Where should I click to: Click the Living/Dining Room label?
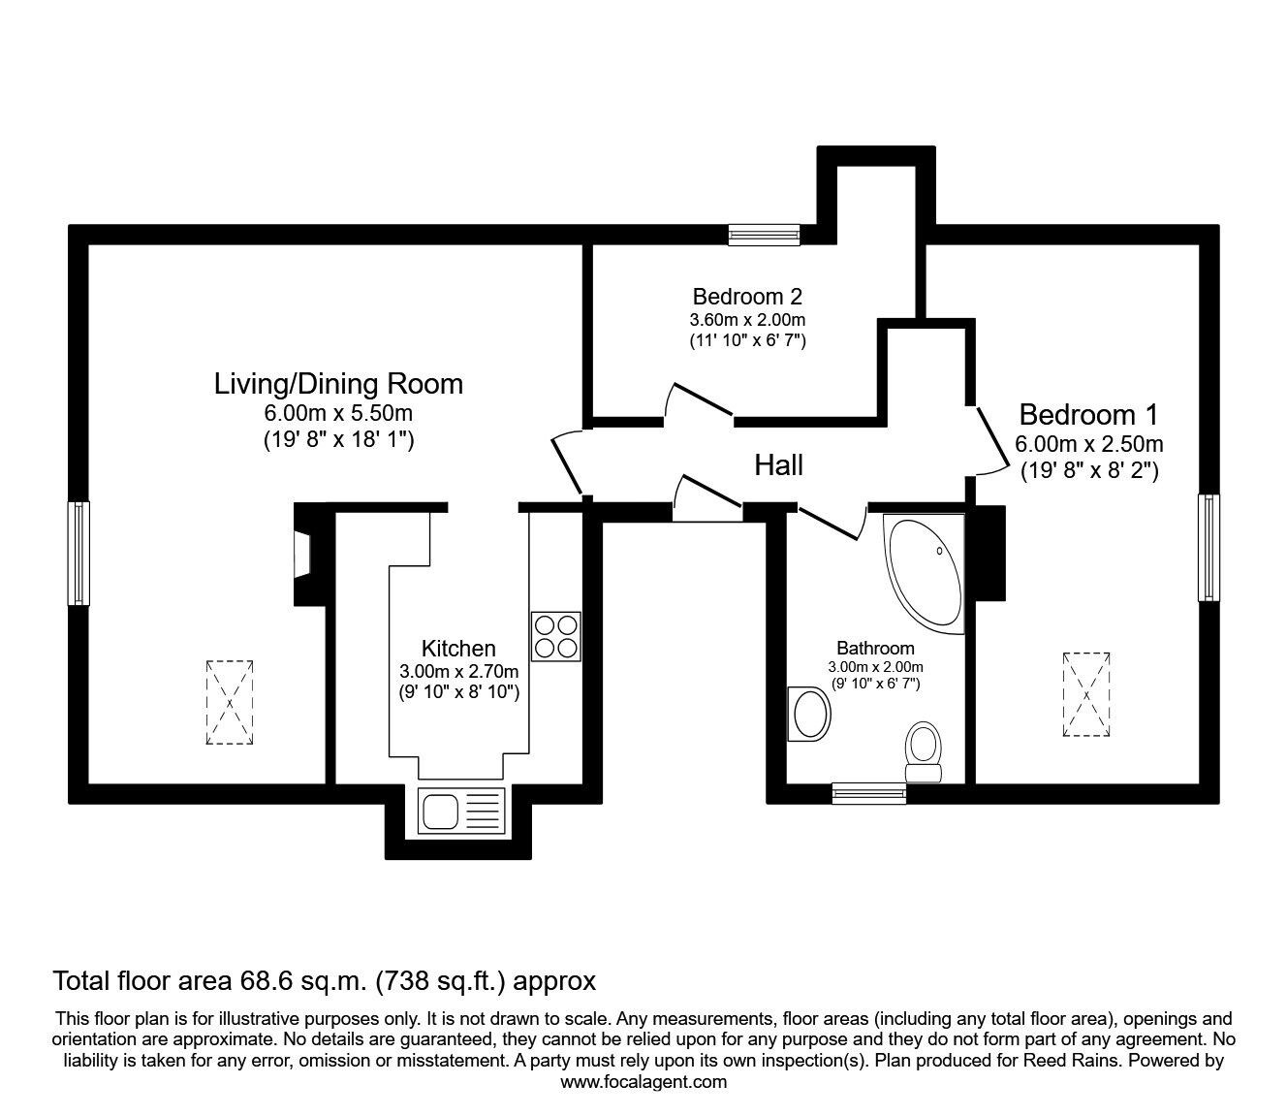click(x=338, y=384)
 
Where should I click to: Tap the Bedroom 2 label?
click(x=747, y=296)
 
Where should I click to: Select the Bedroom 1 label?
click(x=1088, y=415)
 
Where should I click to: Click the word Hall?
click(x=779, y=466)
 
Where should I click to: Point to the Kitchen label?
click(x=458, y=649)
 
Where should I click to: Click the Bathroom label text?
click(x=875, y=648)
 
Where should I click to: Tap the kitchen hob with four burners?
click(x=556, y=637)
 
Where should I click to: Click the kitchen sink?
click(x=461, y=811)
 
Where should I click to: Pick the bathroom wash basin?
click(x=810, y=715)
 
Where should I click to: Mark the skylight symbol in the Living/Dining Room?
click(x=230, y=703)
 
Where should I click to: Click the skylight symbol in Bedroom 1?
click(x=1086, y=695)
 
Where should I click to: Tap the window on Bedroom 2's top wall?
click(x=765, y=235)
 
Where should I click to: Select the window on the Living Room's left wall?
click(x=78, y=553)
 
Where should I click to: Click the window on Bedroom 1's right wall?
click(x=1208, y=547)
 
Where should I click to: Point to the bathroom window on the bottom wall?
click(x=869, y=794)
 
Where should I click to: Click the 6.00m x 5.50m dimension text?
click(x=338, y=413)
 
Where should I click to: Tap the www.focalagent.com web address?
click(x=643, y=1082)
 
